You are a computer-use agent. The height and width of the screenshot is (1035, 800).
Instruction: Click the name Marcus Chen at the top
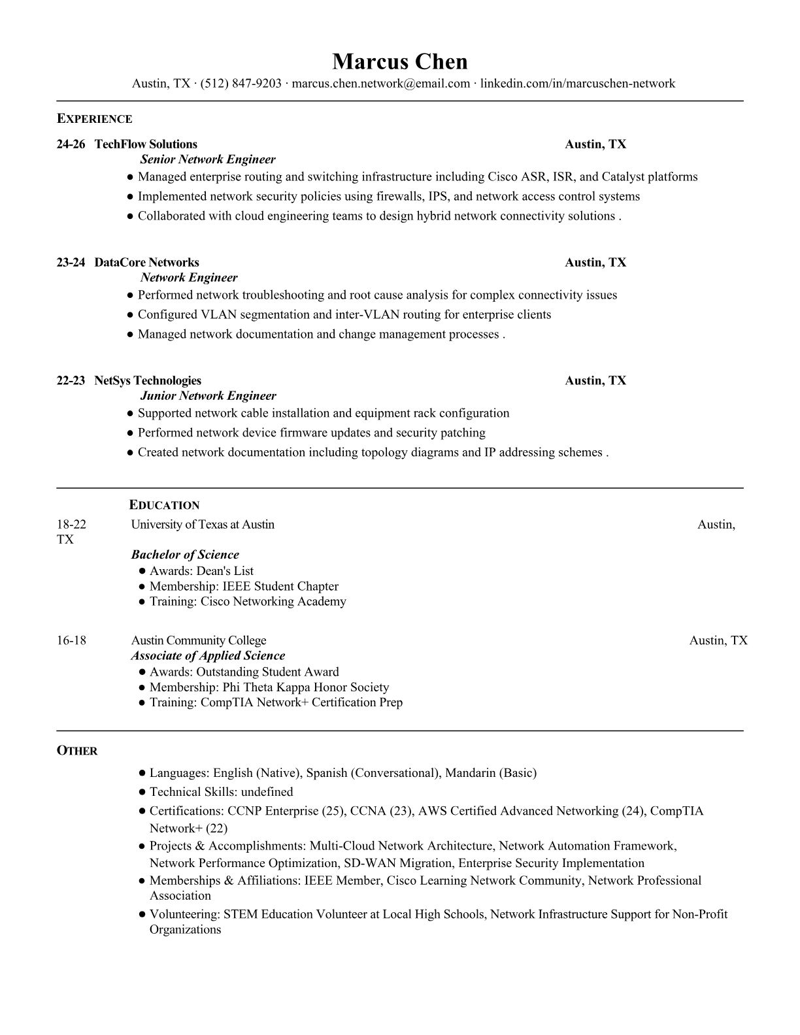[x=399, y=61]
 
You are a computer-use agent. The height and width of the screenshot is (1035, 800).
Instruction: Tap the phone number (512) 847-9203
[x=241, y=84]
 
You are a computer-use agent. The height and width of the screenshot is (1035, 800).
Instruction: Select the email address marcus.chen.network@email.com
[x=380, y=84]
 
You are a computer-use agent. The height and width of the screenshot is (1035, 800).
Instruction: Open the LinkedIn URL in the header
[x=578, y=84]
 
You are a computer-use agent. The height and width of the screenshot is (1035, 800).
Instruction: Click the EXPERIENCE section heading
[x=94, y=119]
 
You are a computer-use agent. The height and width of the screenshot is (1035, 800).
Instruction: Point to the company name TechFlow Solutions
[x=146, y=144]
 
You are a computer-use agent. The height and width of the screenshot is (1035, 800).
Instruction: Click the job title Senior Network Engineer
[x=208, y=159]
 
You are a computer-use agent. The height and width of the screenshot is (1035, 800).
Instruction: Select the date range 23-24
[x=71, y=263]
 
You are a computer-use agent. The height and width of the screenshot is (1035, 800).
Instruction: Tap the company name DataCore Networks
[x=146, y=263]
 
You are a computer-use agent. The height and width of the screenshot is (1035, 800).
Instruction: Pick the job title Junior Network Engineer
[x=208, y=396]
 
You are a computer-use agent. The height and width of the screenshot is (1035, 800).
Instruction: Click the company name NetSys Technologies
[x=148, y=381]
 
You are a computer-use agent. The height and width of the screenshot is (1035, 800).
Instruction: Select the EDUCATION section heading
[x=164, y=505]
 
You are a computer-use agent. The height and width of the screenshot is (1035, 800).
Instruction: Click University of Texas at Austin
[x=203, y=525]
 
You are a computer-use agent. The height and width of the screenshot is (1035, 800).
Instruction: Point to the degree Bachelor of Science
[x=185, y=555]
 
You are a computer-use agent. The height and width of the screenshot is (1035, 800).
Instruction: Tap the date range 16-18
[x=71, y=640]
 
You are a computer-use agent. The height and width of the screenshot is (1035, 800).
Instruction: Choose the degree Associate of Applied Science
[x=208, y=656]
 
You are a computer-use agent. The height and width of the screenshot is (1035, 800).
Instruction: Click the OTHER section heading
[x=77, y=751]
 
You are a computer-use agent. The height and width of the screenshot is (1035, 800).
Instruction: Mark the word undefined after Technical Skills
[x=267, y=792]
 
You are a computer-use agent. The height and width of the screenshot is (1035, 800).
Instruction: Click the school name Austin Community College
[x=199, y=640]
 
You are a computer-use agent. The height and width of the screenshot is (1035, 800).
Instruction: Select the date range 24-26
[x=71, y=144]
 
